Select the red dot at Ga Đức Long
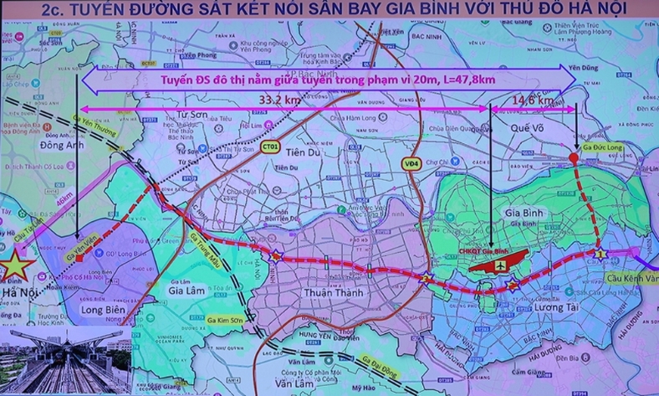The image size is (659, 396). [573, 157]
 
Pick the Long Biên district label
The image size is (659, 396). [85, 313]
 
